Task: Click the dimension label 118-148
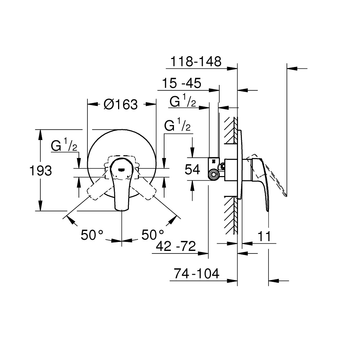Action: (x=196, y=62)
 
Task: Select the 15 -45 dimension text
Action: (x=181, y=83)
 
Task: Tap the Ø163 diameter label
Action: (x=121, y=104)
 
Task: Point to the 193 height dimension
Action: (x=41, y=171)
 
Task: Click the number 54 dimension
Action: (x=192, y=170)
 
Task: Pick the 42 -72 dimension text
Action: (x=176, y=246)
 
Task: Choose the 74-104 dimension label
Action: (x=197, y=274)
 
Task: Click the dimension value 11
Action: (x=264, y=236)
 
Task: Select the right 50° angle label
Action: (x=153, y=235)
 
